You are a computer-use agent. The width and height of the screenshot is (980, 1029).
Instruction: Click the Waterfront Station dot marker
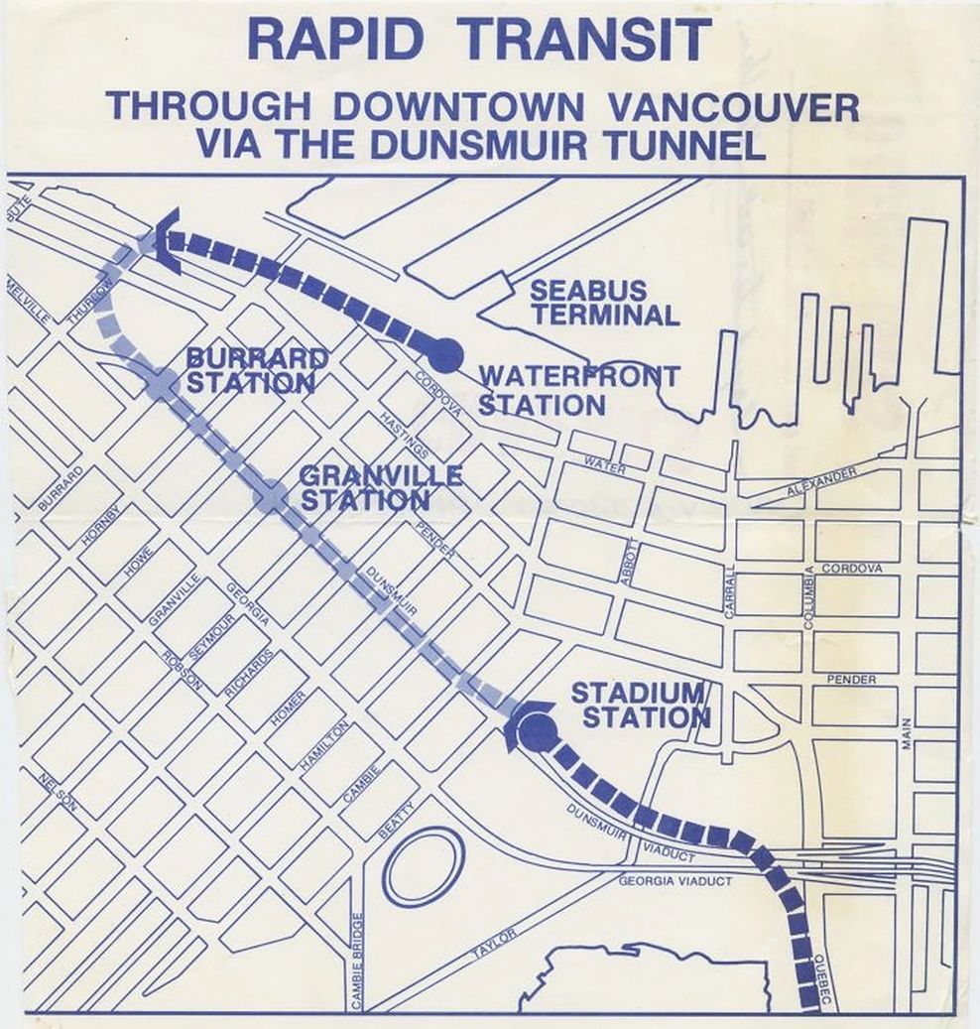click(444, 353)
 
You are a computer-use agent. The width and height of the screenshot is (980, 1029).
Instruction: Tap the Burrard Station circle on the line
click(161, 383)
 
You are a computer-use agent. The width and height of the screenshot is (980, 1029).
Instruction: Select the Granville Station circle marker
click(270, 497)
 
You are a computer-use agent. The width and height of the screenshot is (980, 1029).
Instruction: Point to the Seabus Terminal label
click(603, 304)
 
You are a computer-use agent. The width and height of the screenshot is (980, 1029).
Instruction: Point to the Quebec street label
click(820, 982)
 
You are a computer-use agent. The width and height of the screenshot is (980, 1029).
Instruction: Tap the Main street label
click(907, 734)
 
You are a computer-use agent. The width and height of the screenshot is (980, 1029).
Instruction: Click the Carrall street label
click(730, 592)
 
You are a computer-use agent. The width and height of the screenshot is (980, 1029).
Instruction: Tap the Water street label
click(604, 464)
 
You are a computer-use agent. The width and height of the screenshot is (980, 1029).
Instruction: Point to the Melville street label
click(28, 298)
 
